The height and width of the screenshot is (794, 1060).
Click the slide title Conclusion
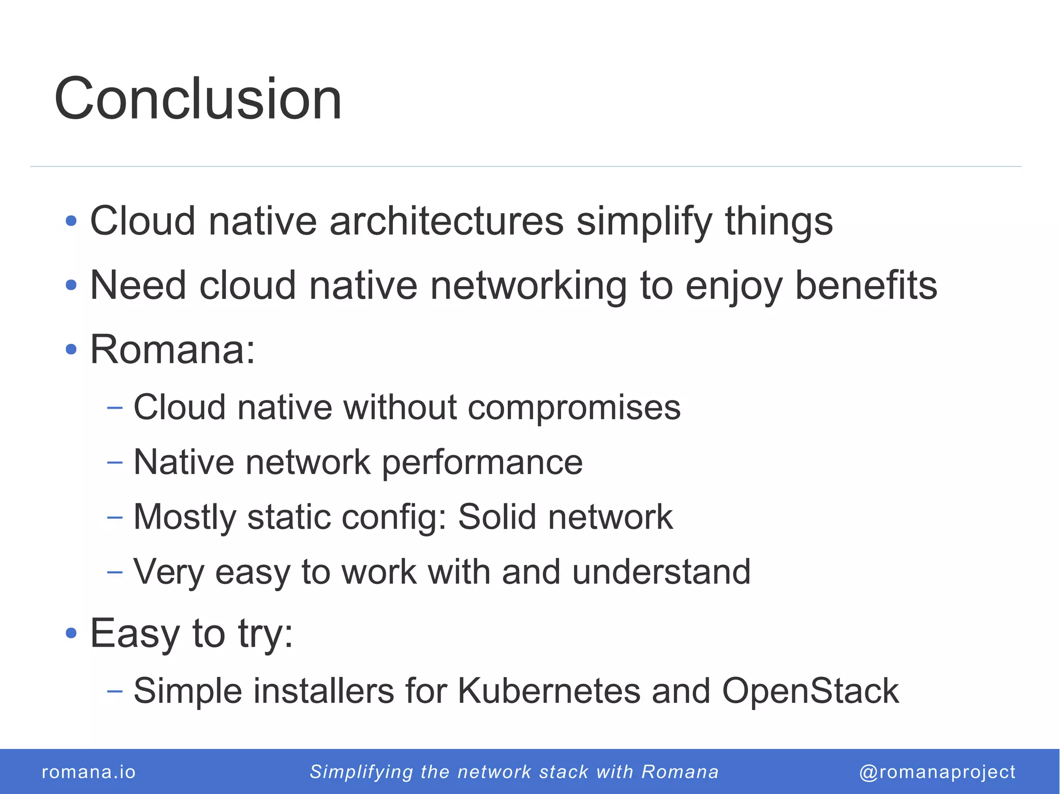click(x=198, y=98)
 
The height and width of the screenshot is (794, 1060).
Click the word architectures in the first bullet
click(x=446, y=221)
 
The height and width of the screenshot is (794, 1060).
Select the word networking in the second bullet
click(x=528, y=286)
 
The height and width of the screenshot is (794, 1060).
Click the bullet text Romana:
click(x=172, y=350)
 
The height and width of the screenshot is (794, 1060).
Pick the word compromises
click(x=574, y=408)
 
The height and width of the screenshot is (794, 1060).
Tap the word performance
click(x=482, y=462)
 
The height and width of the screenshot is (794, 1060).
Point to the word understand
click(x=661, y=572)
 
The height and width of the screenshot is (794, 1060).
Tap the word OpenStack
click(x=811, y=691)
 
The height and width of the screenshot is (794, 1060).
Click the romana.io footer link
click(x=89, y=772)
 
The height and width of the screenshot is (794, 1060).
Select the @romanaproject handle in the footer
click(x=937, y=772)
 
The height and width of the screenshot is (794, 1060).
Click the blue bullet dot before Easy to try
click(x=71, y=633)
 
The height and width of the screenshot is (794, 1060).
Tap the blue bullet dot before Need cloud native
click(x=71, y=285)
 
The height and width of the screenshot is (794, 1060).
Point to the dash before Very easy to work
click(x=114, y=572)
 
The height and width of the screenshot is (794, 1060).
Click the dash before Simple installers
click(x=114, y=691)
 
